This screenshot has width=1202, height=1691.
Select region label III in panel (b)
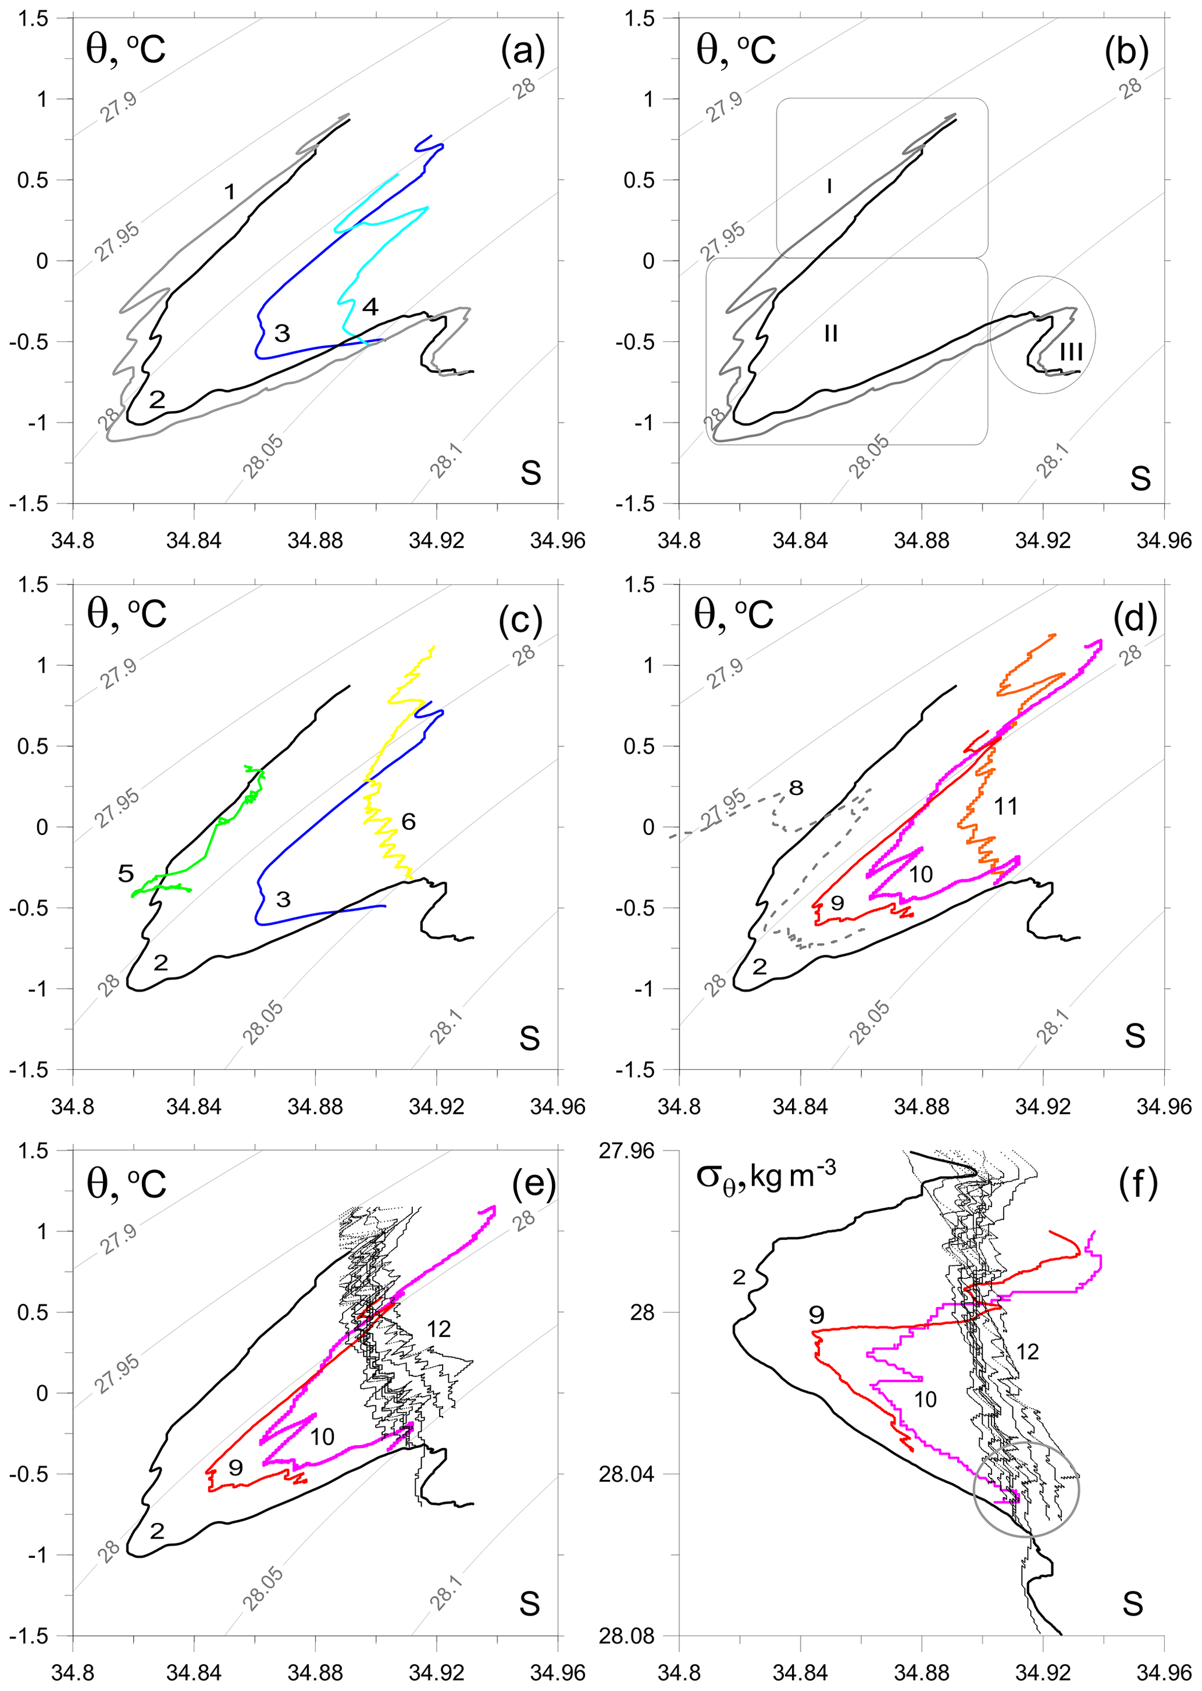1071,352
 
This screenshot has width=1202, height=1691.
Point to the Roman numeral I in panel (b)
830,185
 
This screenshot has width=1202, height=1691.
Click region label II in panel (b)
830,333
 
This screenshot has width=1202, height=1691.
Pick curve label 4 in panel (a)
369,306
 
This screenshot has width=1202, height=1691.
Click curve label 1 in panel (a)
230,192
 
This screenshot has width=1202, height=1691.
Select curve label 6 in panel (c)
408,820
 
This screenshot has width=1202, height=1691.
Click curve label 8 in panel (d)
796,787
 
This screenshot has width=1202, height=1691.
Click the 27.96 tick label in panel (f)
626,1151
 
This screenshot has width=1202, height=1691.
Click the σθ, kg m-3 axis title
766,1178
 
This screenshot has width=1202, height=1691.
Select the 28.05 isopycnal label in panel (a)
263,456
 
